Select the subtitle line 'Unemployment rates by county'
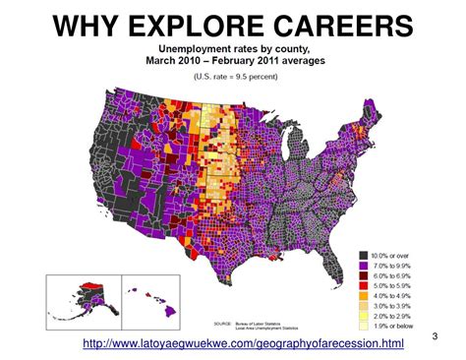(232, 48)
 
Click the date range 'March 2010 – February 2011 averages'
(232, 61)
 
